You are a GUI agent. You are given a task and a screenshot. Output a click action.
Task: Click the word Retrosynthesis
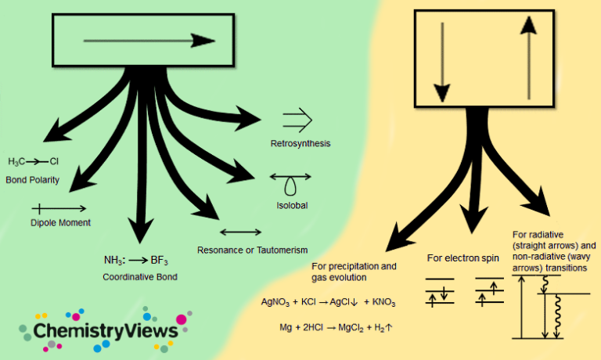pyautogui.click(x=300, y=144)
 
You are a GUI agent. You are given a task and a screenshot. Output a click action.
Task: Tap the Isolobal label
pyautogui.click(x=291, y=205)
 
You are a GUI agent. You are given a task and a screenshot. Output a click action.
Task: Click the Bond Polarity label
pyautogui.click(x=33, y=179)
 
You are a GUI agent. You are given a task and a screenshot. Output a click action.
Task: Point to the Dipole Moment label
pyautogui.click(x=60, y=222)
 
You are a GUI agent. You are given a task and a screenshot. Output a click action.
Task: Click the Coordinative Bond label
pyautogui.click(x=140, y=277)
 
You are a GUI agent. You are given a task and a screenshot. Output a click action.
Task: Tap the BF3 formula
pyautogui.click(x=160, y=260)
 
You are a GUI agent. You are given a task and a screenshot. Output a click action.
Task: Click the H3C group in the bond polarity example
pyautogui.click(x=16, y=162)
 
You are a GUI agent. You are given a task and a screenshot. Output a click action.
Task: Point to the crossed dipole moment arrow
pyautogui.click(x=59, y=208)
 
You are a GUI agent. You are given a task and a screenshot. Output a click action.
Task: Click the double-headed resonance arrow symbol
pyautogui.click(x=241, y=232)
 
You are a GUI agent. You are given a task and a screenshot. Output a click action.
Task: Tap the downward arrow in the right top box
pyautogui.click(x=442, y=59)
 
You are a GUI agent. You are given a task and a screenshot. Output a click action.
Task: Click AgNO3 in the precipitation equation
pyautogui.click(x=275, y=301)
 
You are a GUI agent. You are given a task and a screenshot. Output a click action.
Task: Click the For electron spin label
pyautogui.click(x=463, y=257)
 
